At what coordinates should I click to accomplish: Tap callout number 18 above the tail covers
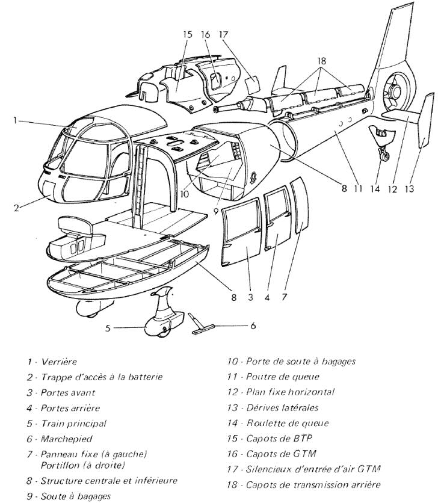323,61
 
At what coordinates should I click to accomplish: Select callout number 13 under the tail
410,188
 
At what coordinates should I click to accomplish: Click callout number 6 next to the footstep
252,326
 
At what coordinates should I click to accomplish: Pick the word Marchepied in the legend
64,439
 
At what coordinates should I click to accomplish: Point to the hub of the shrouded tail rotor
396,92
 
